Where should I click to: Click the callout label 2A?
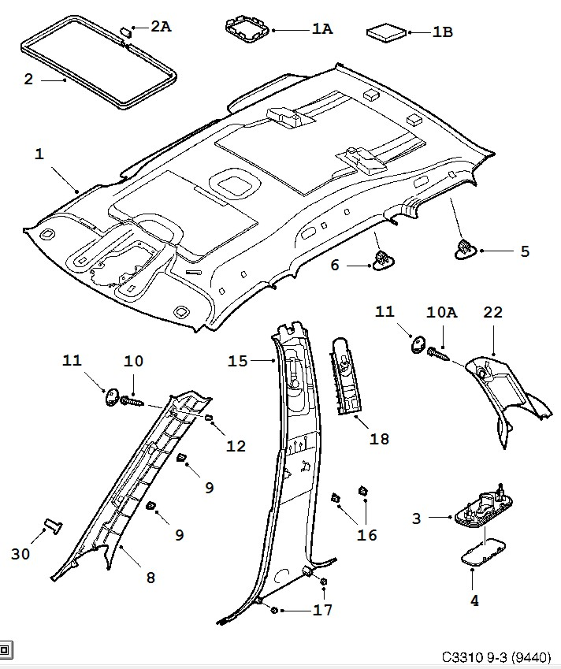click(x=161, y=27)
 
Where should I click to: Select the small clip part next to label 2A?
click(x=125, y=30)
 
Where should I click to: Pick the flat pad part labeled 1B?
click(x=387, y=33)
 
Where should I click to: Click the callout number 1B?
click(x=442, y=32)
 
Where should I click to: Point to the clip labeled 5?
click(x=463, y=249)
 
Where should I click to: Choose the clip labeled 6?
click(x=382, y=261)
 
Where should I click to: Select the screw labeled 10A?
click(x=439, y=352)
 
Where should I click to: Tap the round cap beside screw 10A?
click(x=418, y=344)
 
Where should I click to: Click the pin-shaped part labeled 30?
click(x=54, y=526)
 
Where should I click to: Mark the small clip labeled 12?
click(x=210, y=417)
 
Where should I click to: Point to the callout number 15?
click(x=238, y=361)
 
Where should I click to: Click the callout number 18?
click(x=379, y=439)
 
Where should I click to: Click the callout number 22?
click(x=492, y=313)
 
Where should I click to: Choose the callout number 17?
click(x=322, y=610)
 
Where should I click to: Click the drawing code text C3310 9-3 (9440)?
click(x=496, y=656)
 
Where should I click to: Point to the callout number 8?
click(x=150, y=578)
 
